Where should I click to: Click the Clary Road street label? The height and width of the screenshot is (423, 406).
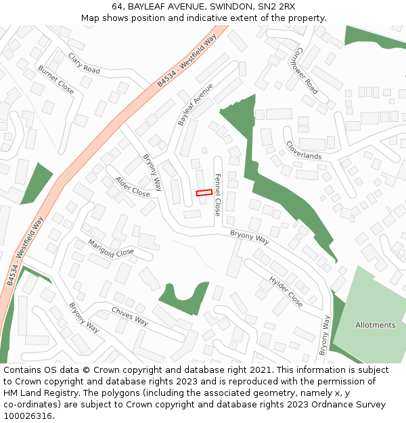pos(85,63)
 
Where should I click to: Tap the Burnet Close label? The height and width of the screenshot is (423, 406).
pos(56,79)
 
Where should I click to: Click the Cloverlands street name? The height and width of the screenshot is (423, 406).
pos(303,150)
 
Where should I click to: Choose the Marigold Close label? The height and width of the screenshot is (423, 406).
pos(111,248)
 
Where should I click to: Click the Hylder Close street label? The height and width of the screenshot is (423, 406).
pos(286,291)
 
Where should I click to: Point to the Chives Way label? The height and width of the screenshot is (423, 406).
pos(130,316)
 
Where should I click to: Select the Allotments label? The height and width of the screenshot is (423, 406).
pos(375,325)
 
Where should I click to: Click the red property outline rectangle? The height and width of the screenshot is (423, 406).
pos(204,193)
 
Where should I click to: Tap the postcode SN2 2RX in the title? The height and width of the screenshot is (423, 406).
pos(276,6)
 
